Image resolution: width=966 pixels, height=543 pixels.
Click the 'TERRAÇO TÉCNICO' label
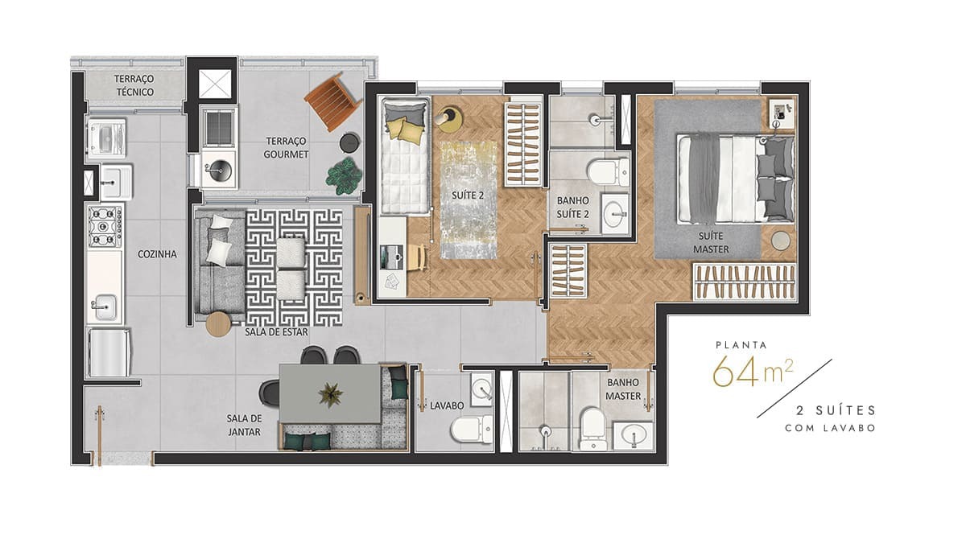134,85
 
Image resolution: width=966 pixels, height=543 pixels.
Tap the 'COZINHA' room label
156,254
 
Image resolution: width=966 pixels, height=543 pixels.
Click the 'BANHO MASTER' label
624,389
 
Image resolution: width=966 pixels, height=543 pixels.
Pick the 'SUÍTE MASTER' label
711,242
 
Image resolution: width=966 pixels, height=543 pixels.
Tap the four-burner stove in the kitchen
105,226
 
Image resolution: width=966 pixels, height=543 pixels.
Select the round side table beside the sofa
218,323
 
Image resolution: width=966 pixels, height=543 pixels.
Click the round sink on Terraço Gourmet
217,170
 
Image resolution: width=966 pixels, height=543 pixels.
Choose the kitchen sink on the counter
104,307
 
